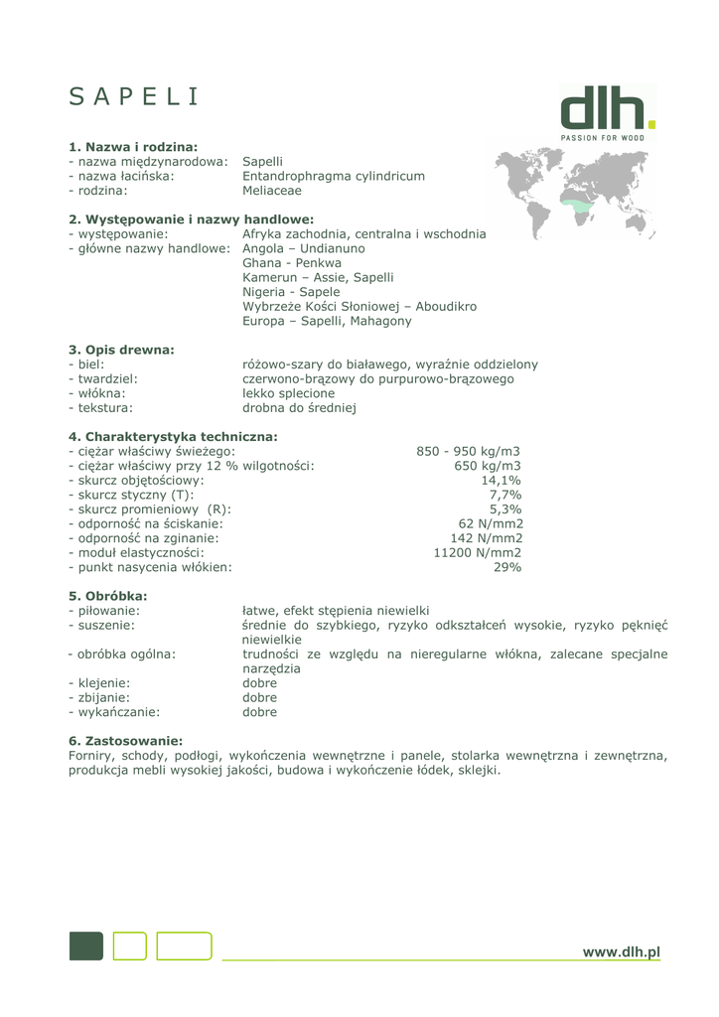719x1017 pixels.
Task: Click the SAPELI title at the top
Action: click(x=134, y=96)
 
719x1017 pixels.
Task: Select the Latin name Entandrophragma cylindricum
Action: click(x=333, y=176)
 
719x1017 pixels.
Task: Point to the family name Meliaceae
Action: click(x=272, y=191)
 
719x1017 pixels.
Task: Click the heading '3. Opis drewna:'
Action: click(x=121, y=350)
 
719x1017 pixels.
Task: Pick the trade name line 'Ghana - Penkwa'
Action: click(x=293, y=263)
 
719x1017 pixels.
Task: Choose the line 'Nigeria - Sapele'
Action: click(x=291, y=292)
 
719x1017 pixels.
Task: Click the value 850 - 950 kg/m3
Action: click(x=468, y=451)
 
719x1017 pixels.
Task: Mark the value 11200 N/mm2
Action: click(x=477, y=553)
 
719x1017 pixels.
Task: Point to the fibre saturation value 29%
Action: click(x=507, y=567)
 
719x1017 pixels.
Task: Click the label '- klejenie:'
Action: click(x=99, y=683)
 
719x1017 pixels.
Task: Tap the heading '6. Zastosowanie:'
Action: click(x=125, y=741)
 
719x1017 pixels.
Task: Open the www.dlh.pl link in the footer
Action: click(x=621, y=952)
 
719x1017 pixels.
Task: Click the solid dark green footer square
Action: click(x=85, y=946)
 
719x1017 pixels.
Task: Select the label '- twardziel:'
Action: click(x=103, y=378)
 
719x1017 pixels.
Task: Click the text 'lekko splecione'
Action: click(x=288, y=393)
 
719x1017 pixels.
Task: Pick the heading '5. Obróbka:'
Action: click(x=107, y=596)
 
